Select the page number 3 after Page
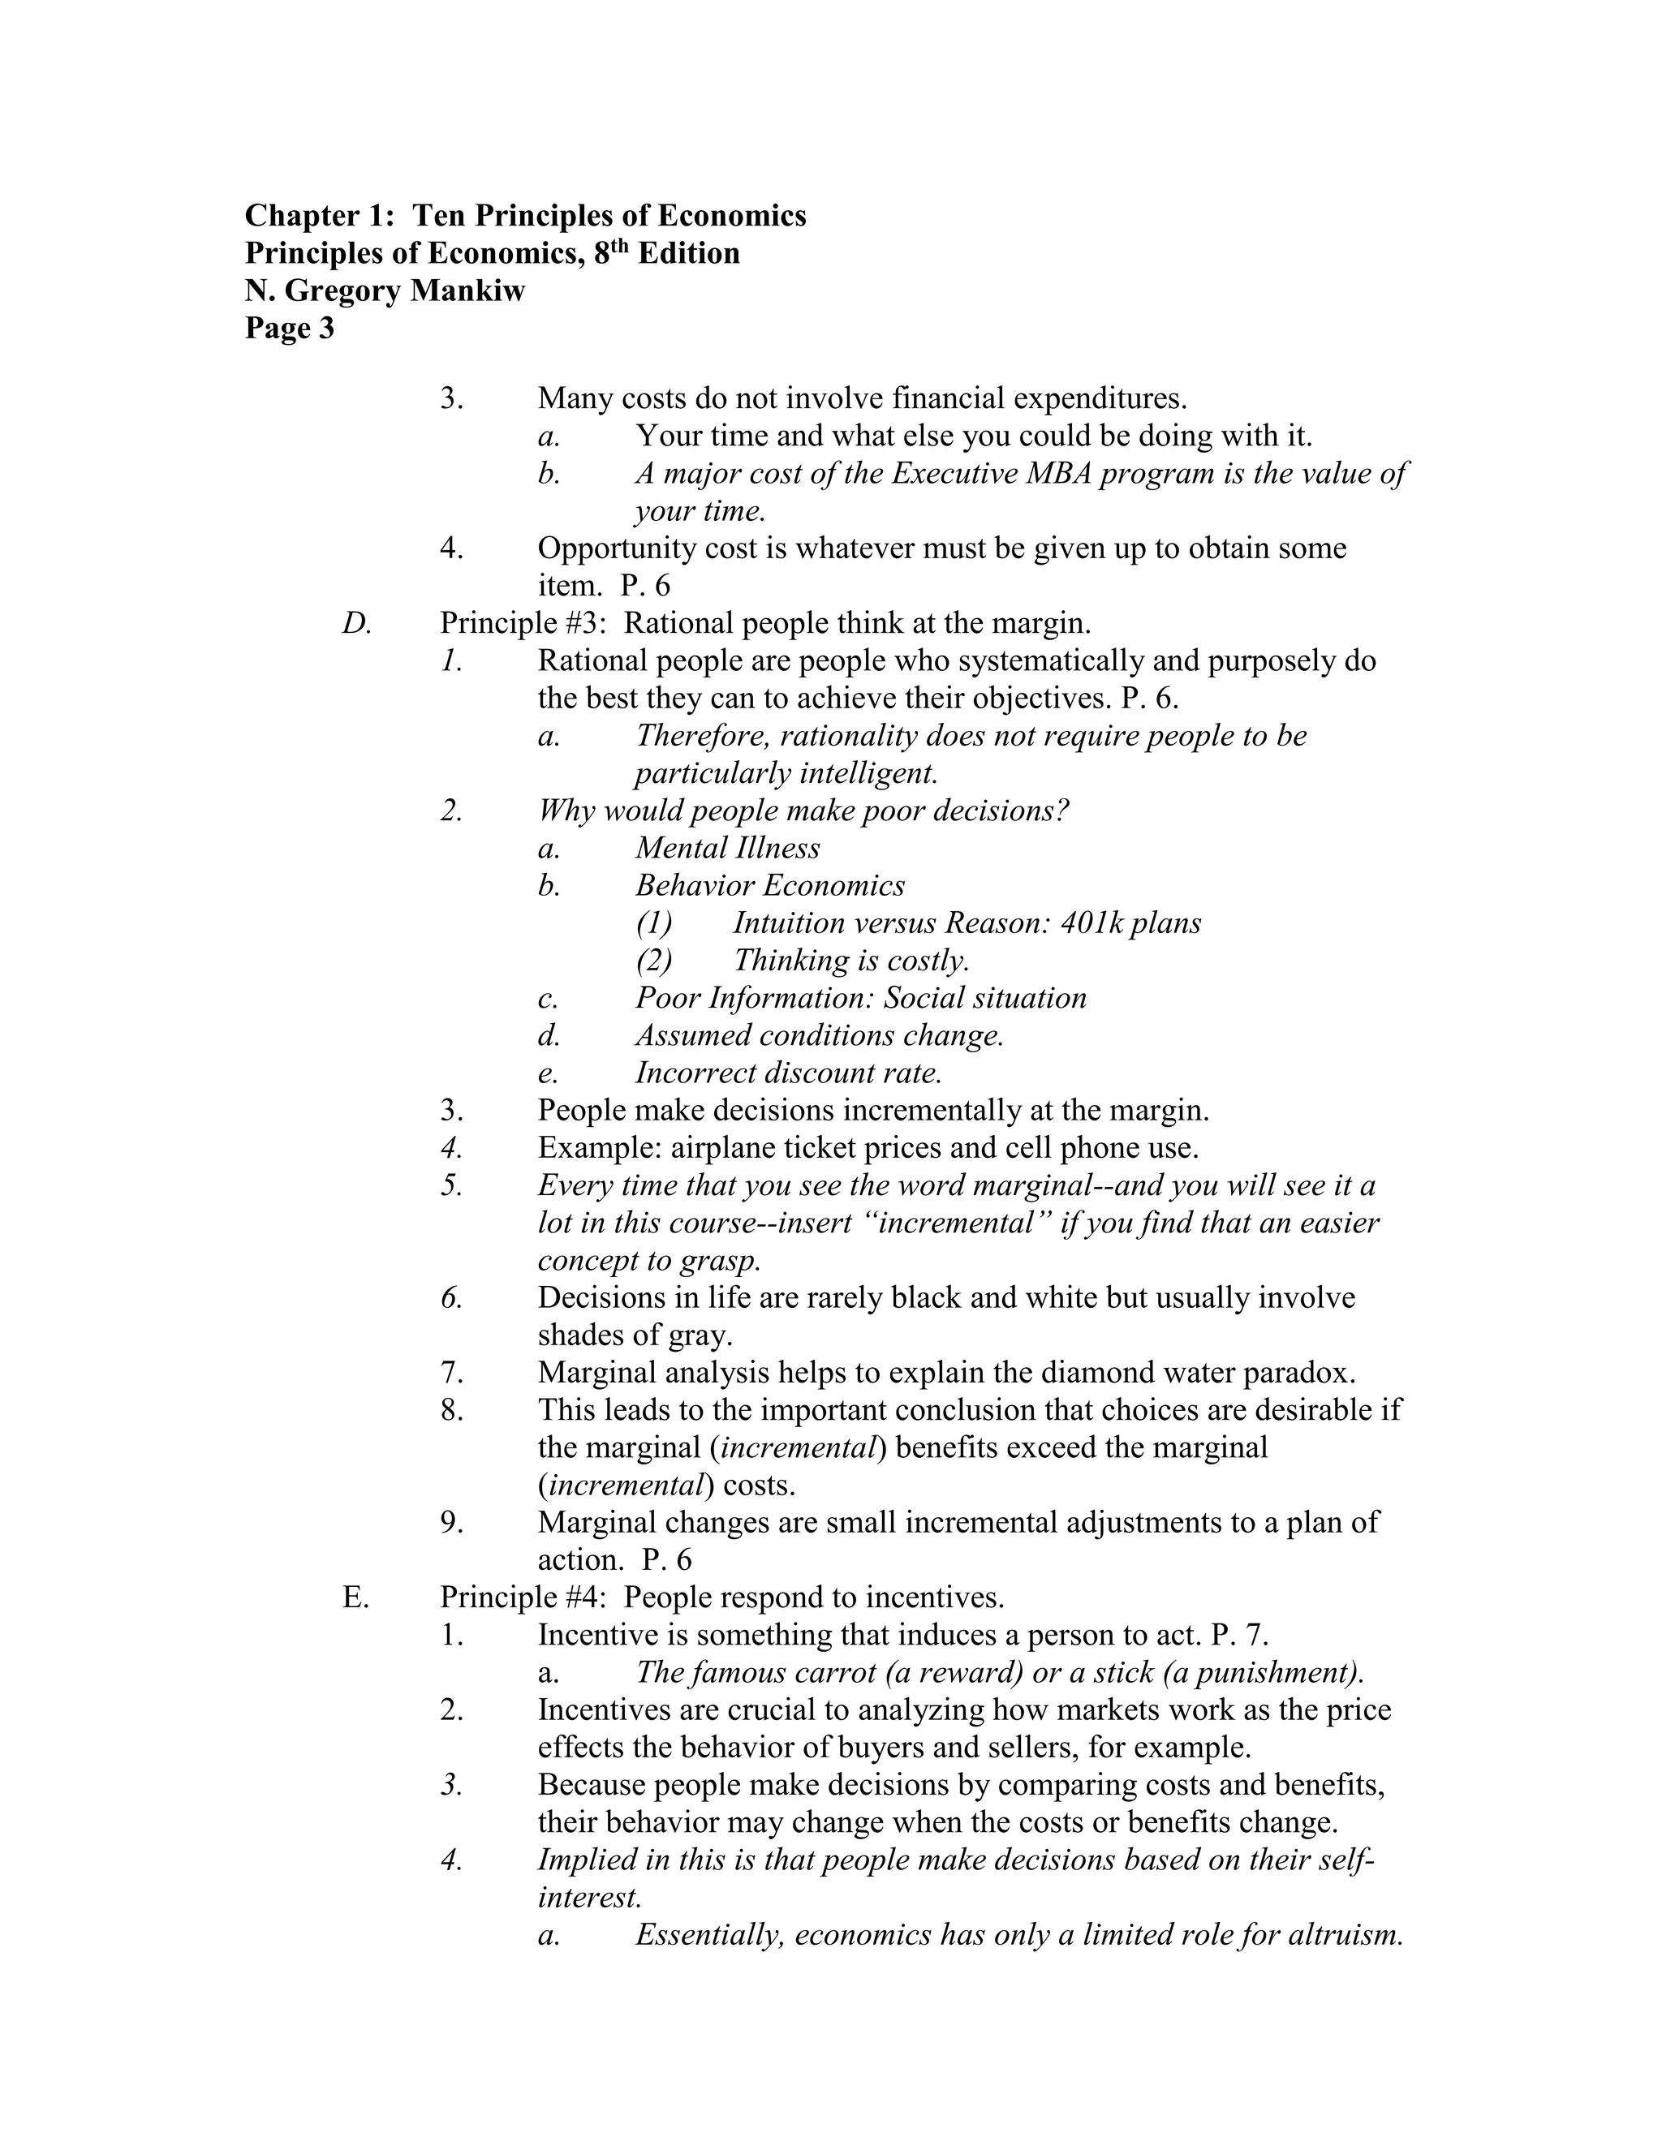tap(326, 329)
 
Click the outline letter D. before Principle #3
tap(356, 623)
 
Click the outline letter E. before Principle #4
tap(355, 1597)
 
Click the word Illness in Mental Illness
tap(774, 849)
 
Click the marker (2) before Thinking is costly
tap(654, 961)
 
